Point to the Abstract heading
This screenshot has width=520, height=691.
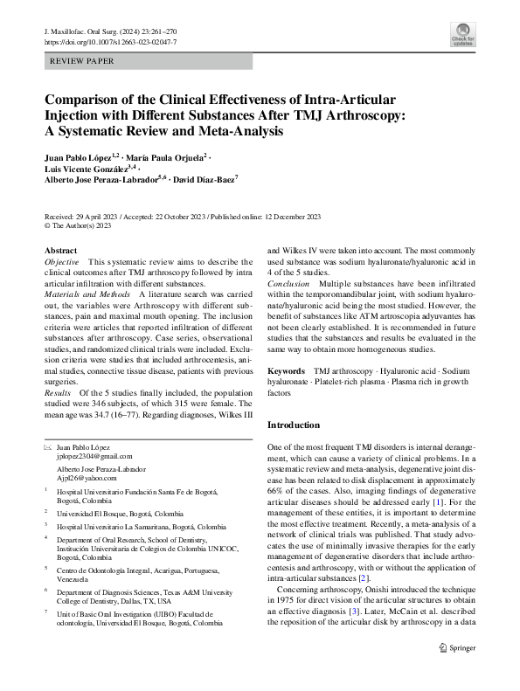click(x=60, y=251)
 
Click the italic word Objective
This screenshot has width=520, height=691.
click(x=61, y=262)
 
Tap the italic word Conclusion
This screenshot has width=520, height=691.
click(x=288, y=285)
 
